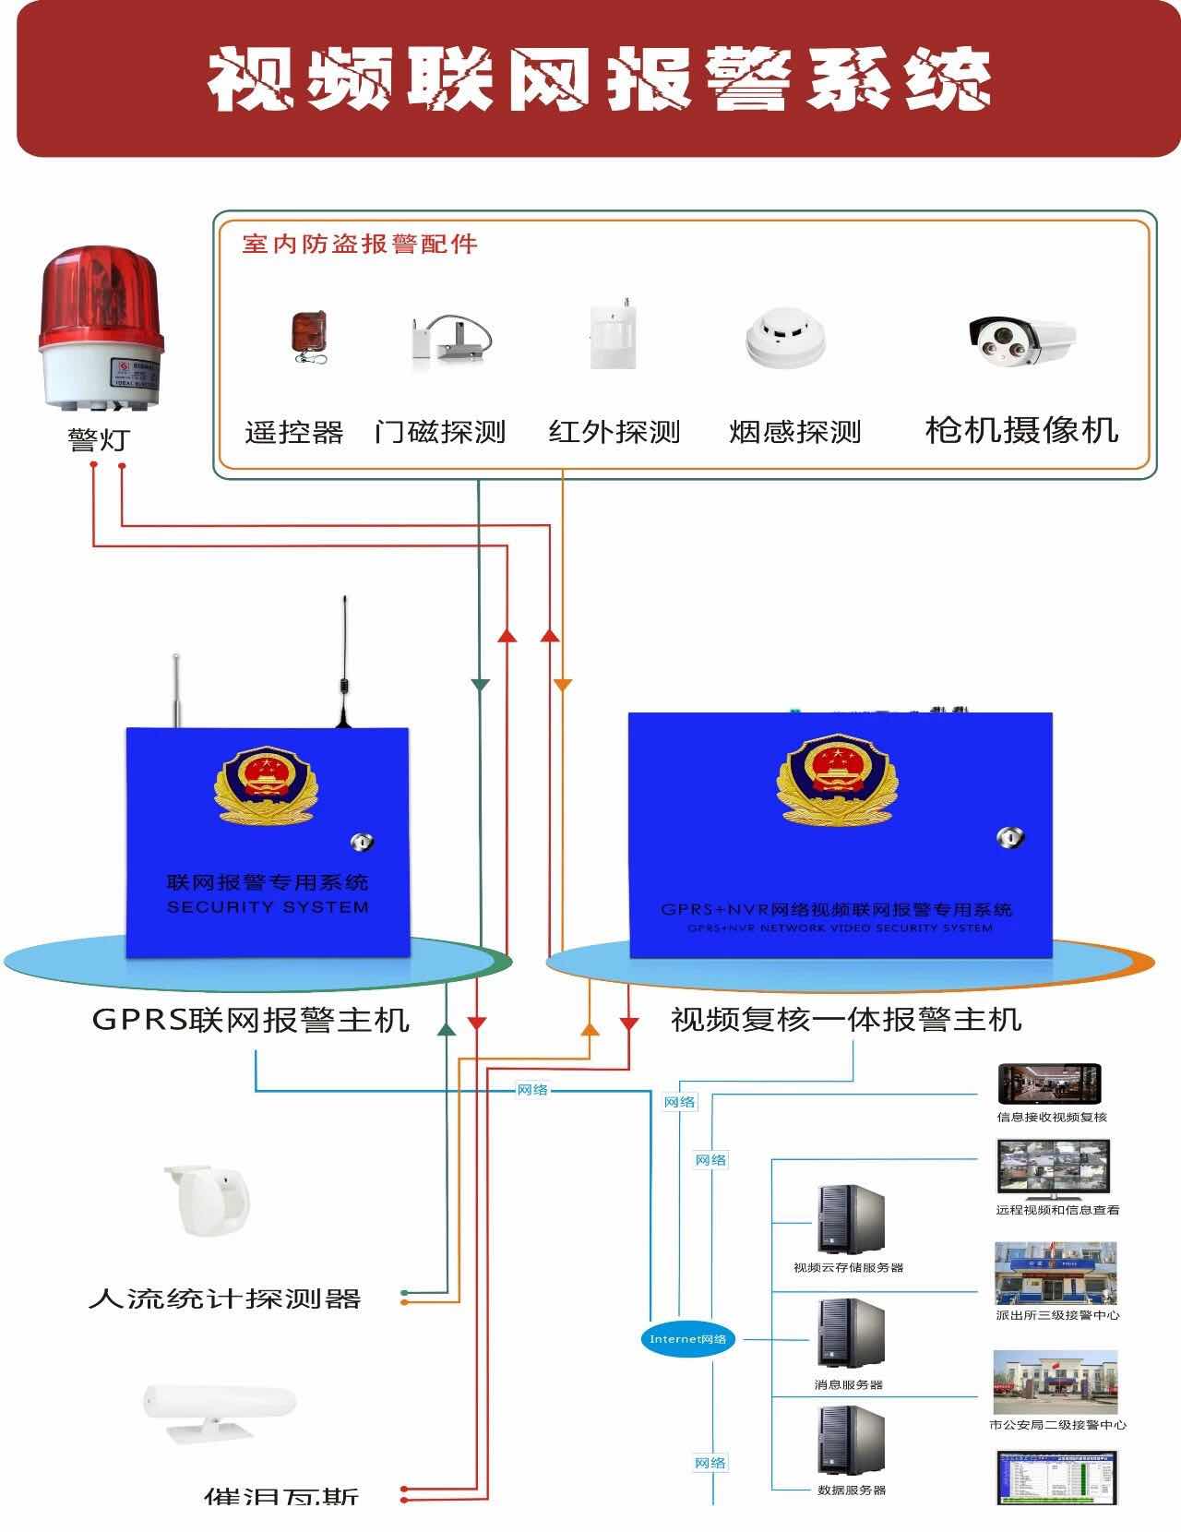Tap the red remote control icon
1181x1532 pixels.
(x=308, y=336)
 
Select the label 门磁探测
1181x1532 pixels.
(x=440, y=432)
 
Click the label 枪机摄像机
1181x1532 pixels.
(x=1021, y=430)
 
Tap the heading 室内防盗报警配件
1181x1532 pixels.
(x=360, y=245)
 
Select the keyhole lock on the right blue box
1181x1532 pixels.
(x=1010, y=838)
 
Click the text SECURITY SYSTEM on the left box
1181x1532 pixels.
(x=268, y=907)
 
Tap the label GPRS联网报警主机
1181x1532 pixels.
(x=251, y=1020)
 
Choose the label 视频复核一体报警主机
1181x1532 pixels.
(x=845, y=1020)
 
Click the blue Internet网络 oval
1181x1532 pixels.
(x=688, y=1339)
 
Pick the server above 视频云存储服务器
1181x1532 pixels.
(x=850, y=1218)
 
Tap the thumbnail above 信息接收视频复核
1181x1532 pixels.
(x=1050, y=1085)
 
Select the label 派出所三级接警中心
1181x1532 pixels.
(x=1057, y=1315)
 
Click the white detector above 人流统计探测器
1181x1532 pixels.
(x=208, y=1200)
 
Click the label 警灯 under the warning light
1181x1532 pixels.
(x=98, y=440)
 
